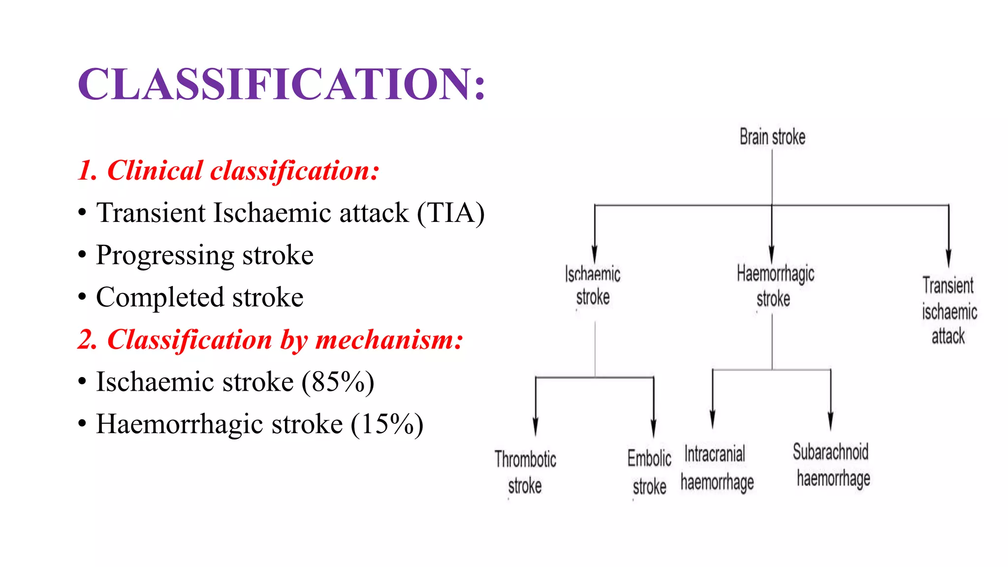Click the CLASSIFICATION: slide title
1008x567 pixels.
click(x=282, y=84)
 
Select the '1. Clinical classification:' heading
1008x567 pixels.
click(x=228, y=171)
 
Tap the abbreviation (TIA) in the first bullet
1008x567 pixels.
click(x=451, y=213)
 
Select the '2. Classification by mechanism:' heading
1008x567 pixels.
click(x=270, y=340)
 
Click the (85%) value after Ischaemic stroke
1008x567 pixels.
click(x=338, y=382)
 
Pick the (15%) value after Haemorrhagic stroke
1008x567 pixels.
click(x=387, y=425)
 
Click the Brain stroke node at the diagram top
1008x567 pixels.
click(x=772, y=137)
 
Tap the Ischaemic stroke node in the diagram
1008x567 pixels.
click(x=593, y=286)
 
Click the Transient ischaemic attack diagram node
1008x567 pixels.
click(x=949, y=311)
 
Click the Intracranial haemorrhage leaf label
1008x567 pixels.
click(x=717, y=468)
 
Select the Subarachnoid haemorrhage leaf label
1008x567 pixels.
click(x=832, y=465)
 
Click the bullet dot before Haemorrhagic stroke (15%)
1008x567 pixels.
click(x=82, y=424)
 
